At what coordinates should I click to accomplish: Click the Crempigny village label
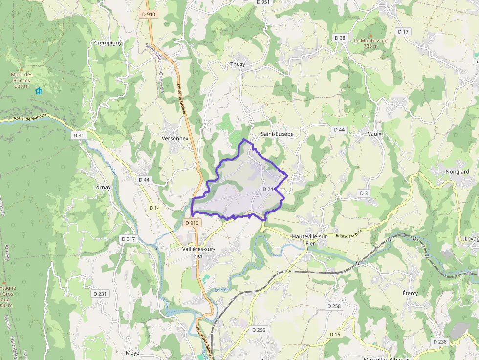pos(108,42)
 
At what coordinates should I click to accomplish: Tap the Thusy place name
pos(238,64)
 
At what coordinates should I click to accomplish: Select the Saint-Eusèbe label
pos(277,134)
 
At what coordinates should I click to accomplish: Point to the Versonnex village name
pos(175,138)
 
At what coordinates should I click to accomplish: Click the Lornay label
pos(102,187)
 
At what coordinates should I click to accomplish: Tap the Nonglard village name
pos(457,172)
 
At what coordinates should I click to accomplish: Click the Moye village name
pos(132,353)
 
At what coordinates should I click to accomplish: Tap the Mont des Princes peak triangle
pos(21,69)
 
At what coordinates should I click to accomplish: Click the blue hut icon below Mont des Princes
pos(39,91)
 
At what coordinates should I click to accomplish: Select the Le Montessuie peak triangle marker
pos(370,35)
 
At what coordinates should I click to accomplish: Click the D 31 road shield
pos(78,135)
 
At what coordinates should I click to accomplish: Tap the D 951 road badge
pos(262,2)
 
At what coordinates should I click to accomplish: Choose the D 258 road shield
pos(334,306)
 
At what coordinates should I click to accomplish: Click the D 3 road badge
pos(363,193)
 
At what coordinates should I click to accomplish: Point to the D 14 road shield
pos(154,208)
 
